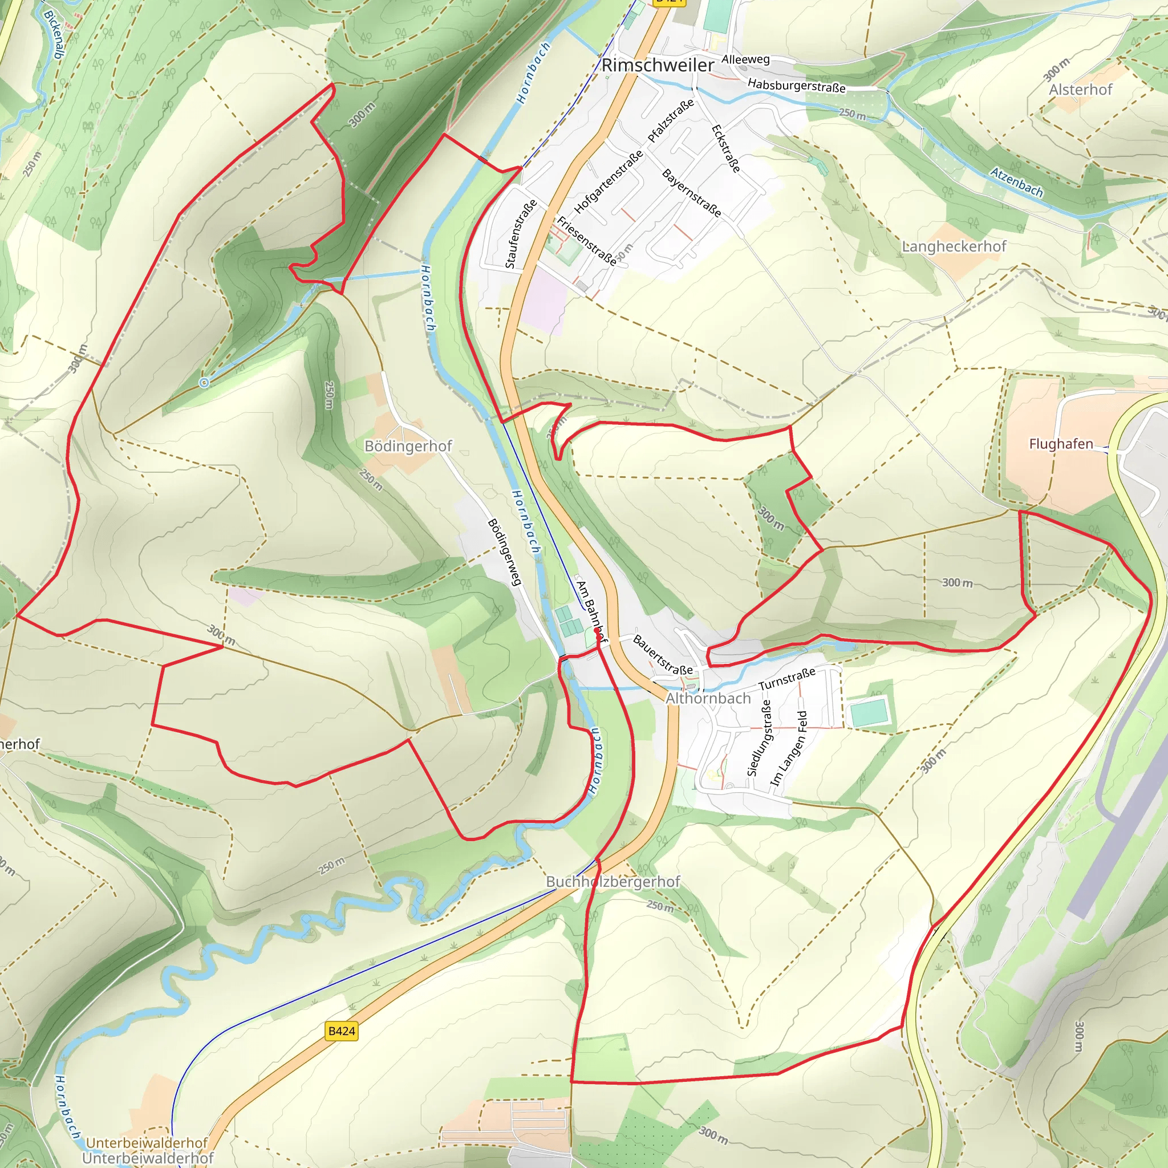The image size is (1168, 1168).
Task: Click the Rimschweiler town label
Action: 657,65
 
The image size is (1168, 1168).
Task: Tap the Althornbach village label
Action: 707,698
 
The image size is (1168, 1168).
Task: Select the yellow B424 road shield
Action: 341,1031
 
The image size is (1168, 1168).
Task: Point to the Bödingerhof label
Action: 408,446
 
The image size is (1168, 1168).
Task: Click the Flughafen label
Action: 1061,444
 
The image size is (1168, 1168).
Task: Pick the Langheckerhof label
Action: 954,246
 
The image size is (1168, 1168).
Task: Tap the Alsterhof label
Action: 1080,90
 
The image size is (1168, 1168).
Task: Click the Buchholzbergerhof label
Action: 613,882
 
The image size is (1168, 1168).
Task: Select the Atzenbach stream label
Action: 1016,182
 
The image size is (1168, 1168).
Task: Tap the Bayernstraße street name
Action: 692,193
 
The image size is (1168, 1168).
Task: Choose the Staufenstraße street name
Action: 521,234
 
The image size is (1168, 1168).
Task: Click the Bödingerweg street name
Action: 504,552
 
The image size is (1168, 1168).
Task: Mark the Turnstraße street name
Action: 786,679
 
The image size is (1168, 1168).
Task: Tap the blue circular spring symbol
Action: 204,382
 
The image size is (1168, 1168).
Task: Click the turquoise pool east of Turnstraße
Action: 869,713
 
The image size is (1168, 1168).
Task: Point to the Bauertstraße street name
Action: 663,655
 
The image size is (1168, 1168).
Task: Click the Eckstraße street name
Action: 725,148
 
